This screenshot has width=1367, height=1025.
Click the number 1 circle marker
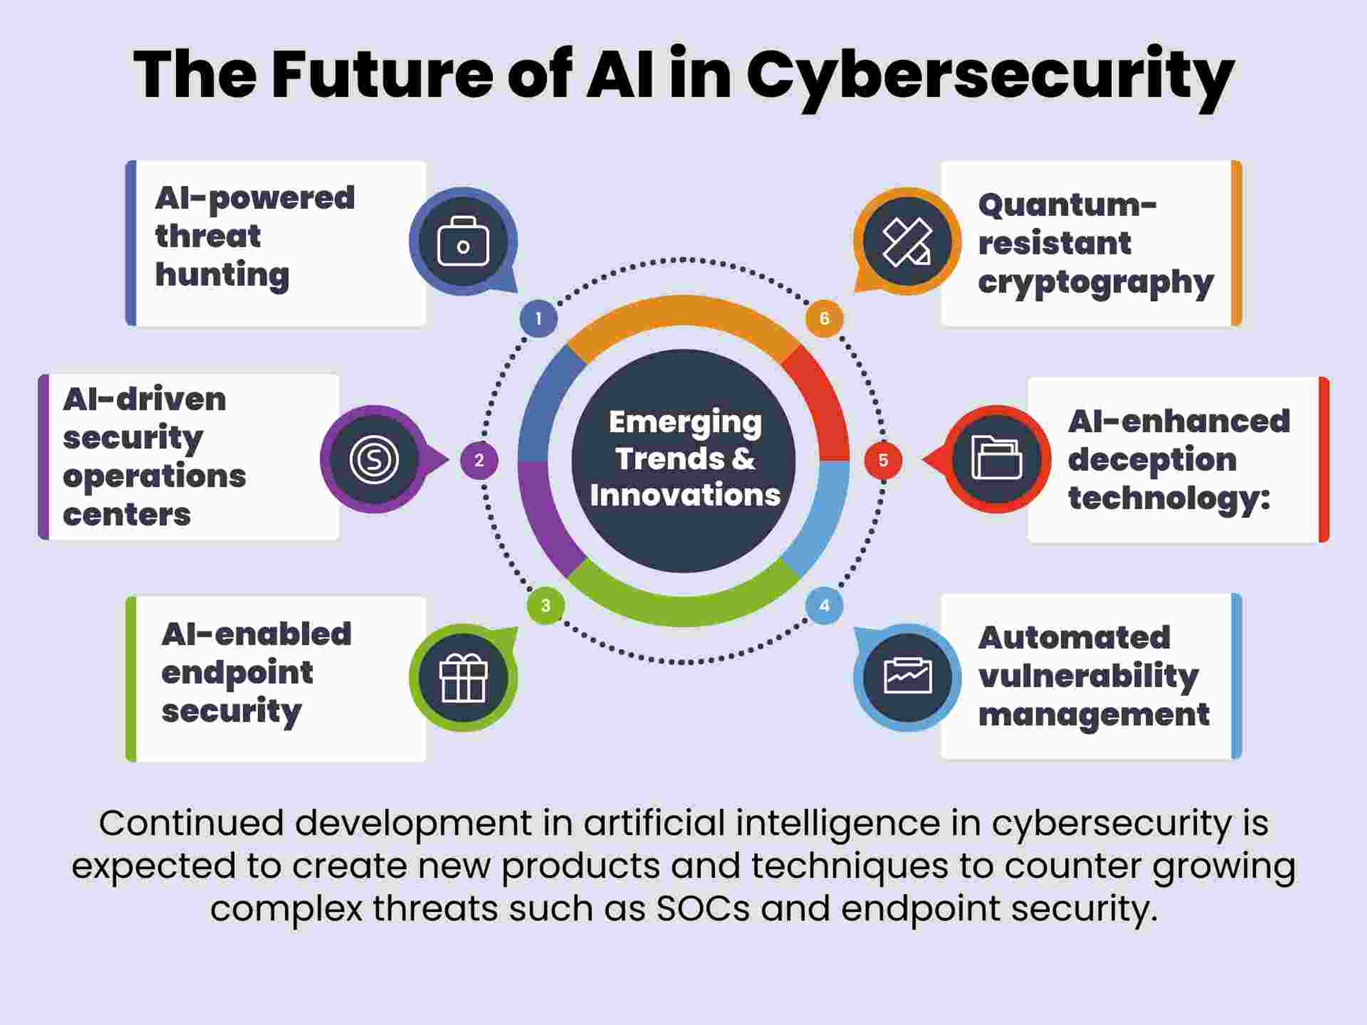point(538,319)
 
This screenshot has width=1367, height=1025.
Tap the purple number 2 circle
point(479,460)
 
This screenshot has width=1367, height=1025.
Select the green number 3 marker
point(545,605)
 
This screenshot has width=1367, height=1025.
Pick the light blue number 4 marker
point(824,605)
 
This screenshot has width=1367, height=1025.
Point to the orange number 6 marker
point(824,319)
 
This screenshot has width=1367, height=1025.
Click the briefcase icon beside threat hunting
point(463,242)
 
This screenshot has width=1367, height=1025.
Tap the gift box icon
point(463,678)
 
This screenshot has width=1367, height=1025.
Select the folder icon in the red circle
point(996,459)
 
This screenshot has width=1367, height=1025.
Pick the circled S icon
point(374,459)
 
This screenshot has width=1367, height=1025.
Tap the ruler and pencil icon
point(907,242)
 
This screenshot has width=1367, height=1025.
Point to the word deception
point(1152,460)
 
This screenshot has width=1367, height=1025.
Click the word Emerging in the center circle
point(685,422)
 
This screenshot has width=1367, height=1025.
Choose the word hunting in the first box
point(222,275)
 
